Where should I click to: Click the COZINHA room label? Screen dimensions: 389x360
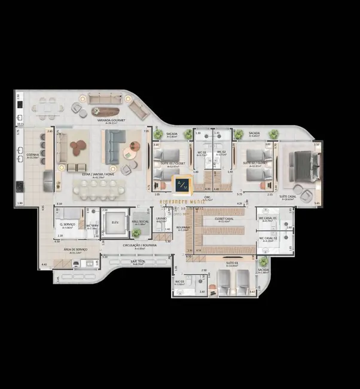pyautogui.click(x=32, y=156)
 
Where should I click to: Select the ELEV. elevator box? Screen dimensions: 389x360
pyautogui.click(x=115, y=223)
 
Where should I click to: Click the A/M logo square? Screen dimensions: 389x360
pyautogui.click(x=181, y=186)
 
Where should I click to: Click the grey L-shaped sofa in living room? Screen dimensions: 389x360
pyautogui.click(x=115, y=147)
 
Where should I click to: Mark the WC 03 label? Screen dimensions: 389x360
pyautogui.click(x=179, y=282)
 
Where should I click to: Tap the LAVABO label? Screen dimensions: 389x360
pyautogui.click(x=161, y=219)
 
